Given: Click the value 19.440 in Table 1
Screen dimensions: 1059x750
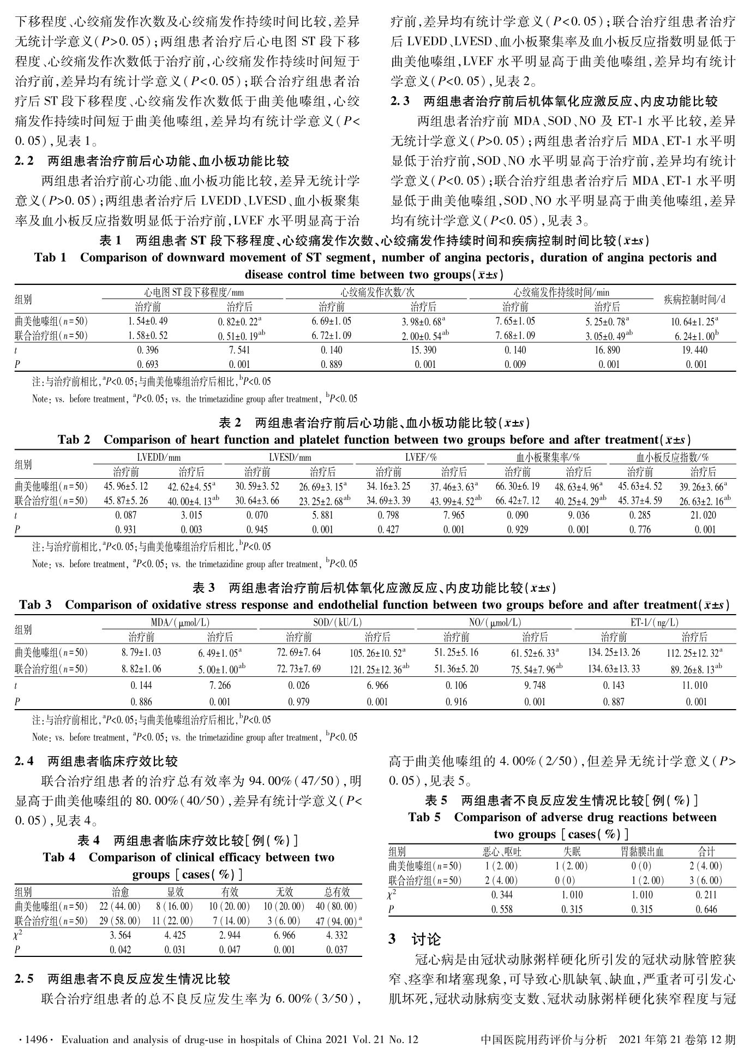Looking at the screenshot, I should click(694, 350).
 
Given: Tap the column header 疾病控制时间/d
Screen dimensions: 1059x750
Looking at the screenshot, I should click(694, 299).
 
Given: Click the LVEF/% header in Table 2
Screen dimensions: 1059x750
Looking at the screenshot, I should click(421, 457).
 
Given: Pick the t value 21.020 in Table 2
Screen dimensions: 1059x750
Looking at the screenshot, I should click(703, 515).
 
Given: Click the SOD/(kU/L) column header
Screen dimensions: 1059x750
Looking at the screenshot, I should click(338, 622).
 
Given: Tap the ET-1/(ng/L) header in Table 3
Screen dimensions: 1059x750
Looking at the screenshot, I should click(654, 622).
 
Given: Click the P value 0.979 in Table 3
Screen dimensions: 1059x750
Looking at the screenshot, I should click(298, 702).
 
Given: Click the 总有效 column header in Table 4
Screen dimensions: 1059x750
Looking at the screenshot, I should click(337, 892).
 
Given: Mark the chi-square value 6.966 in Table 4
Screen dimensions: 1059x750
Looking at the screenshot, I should click(284, 935).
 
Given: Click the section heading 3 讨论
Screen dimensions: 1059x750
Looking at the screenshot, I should click(415, 939).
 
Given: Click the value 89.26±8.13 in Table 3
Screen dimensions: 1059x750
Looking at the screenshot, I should click(692, 669).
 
